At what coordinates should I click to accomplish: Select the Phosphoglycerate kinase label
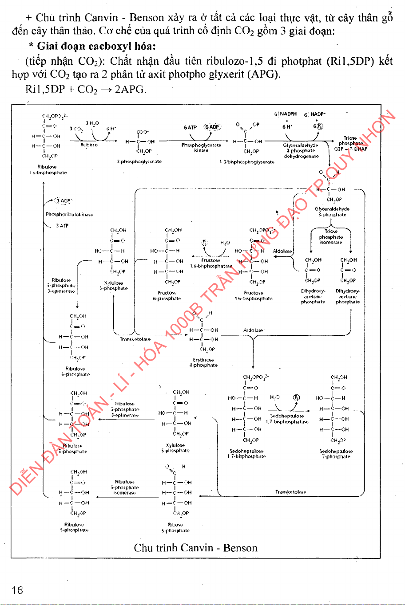tap(201, 147)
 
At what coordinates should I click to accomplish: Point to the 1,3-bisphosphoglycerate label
tap(247, 162)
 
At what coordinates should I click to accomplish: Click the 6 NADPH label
tap(286, 114)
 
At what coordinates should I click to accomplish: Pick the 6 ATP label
tap(190, 127)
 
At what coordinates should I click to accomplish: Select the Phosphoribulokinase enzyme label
tap(69, 215)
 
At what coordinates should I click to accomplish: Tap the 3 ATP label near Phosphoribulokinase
tap(62, 226)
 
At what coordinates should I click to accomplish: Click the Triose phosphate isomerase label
tap(331, 237)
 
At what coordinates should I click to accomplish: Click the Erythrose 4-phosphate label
tap(203, 362)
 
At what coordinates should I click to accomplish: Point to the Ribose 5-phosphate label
tap(175, 527)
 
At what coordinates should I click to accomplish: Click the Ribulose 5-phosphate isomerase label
tap(125, 487)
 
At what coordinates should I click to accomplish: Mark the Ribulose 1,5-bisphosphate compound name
tap(46, 170)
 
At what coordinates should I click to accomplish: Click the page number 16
tap(17, 590)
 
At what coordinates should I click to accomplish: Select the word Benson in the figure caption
tap(240, 548)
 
